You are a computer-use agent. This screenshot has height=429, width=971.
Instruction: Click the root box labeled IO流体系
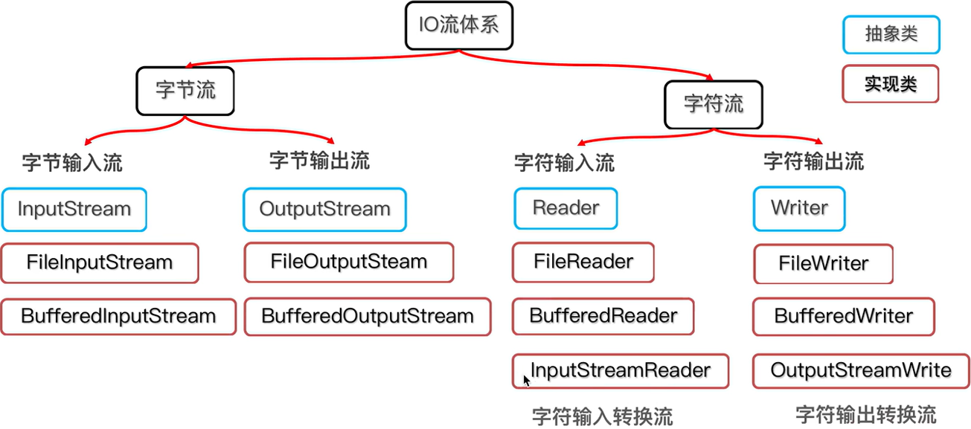point(459,25)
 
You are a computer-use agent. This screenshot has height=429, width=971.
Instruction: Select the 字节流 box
point(185,90)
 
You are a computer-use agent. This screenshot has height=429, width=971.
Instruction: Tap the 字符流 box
point(713,103)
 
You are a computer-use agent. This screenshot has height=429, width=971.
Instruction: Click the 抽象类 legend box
point(891,35)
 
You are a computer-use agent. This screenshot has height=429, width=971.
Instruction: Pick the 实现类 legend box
point(890,84)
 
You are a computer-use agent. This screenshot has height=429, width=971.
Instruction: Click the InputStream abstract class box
point(74,209)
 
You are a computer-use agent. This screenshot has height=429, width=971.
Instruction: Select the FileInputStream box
point(99,262)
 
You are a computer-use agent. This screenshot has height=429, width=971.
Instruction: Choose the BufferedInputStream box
point(118,316)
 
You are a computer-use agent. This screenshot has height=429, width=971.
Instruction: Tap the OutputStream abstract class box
point(324,209)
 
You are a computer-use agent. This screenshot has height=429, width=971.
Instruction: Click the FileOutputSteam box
point(348,262)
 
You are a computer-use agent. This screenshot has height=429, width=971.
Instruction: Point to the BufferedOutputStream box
point(367,316)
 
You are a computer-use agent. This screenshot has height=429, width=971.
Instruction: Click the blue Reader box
point(565,208)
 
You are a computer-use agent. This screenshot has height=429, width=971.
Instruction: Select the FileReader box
point(583,262)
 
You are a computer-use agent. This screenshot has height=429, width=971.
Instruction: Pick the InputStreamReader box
point(620,370)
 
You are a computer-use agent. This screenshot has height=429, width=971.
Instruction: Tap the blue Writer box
point(799,208)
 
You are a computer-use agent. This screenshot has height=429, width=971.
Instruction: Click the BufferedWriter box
point(843,316)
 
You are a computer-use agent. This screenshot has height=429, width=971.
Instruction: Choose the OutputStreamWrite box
point(860,370)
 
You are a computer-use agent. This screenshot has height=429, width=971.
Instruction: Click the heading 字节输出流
point(319,161)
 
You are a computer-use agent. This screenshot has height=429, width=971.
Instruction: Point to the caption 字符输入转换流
point(603,415)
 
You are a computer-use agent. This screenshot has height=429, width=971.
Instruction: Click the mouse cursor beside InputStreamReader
point(527,381)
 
